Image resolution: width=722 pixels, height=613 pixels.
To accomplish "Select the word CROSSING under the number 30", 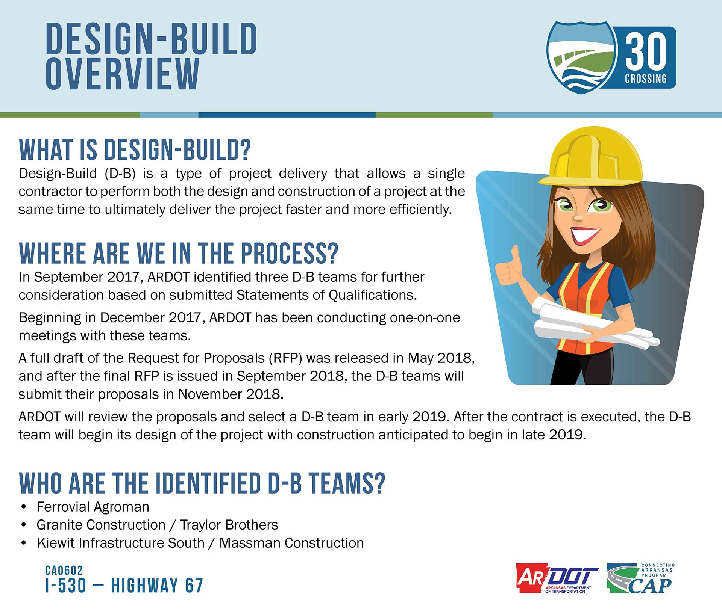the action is tap(646, 79).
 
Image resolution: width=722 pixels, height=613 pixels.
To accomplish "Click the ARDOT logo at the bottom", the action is tap(557, 578).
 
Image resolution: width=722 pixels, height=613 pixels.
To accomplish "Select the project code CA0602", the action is tap(64, 570).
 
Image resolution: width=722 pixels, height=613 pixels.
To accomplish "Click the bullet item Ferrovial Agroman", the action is tap(93, 507).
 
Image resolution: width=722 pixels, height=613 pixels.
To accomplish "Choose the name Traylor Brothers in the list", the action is tap(229, 525).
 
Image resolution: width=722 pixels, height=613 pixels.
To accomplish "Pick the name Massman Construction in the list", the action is tap(291, 543).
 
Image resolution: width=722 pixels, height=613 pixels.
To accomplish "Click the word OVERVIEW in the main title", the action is tap(123, 74).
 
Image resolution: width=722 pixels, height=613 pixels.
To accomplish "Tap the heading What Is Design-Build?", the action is tap(135, 149).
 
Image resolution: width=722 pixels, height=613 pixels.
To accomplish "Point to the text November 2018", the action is tap(231, 394).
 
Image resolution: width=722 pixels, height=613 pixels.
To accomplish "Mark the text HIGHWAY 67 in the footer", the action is tap(157, 585).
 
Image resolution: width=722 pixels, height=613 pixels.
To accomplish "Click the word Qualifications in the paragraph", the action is tap(373, 295).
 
